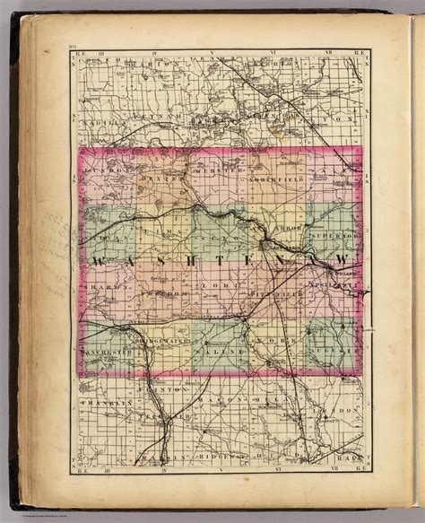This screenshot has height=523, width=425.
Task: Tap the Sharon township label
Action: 108,289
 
